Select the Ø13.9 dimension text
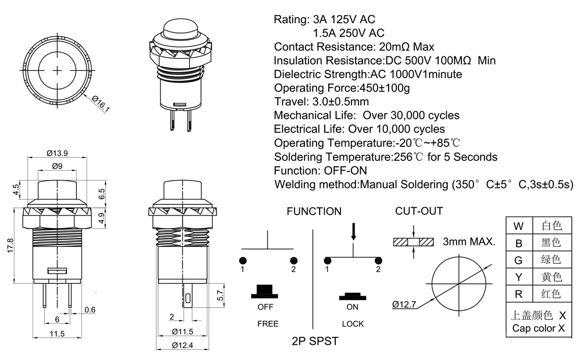pyautogui.click(x=58, y=153)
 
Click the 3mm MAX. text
pyautogui.click(x=469, y=242)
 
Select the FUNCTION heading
pyautogui.click(x=314, y=211)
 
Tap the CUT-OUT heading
pyautogui.click(x=419, y=211)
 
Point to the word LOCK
pyautogui.click(x=353, y=323)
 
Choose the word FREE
pyautogui.click(x=268, y=323)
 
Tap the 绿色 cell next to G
pyautogui.click(x=551, y=260)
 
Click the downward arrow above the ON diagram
pyautogui.click(x=353, y=232)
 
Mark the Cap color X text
pyautogui.click(x=539, y=328)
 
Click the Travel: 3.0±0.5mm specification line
pyautogui.click(x=321, y=102)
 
